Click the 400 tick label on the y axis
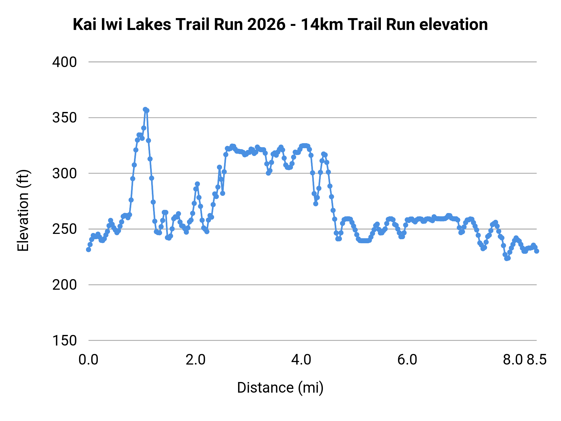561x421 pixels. pos(64,62)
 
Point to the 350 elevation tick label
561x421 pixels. pos(64,118)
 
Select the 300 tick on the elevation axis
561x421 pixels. pos(64,173)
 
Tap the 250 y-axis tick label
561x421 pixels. pos(64,229)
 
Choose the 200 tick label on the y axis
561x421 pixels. pos(64,285)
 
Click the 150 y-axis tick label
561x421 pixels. pos(64,341)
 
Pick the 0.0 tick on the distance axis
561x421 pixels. pos(89,360)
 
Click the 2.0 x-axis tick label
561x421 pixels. pos(195,360)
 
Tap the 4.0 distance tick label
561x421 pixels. pos(301,360)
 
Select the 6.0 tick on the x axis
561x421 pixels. pos(407,360)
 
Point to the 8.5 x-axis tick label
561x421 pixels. pos(537,360)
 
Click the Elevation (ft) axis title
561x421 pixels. pos(23,210)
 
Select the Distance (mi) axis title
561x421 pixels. pos(280,388)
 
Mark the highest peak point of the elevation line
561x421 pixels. pos(145,109)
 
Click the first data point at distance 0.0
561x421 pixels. pos(89,249)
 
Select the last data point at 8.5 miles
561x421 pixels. pos(536,251)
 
